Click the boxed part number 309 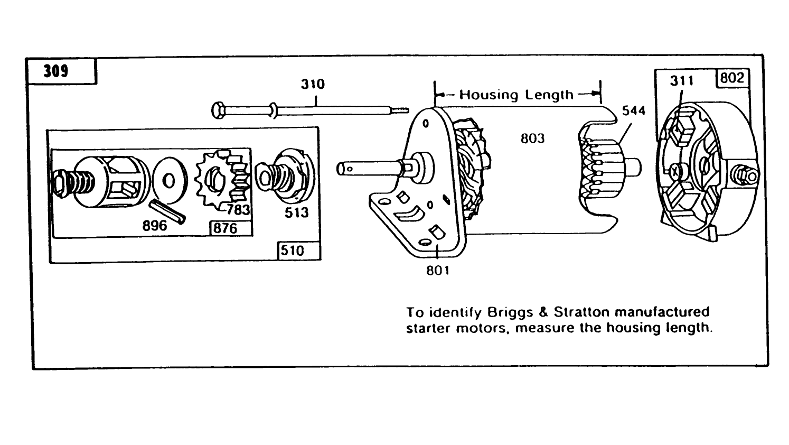(x=56, y=71)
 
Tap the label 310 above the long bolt (x=313, y=84)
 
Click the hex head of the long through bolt (x=218, y=110)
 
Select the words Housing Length (x=516, y=95)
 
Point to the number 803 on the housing (x=532, y=138)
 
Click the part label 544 (x=633, y=111)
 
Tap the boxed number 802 (x=732, y=78)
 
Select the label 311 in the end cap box (x=682, y=81)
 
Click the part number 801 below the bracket (x=438, y=270)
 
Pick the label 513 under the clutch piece (x=296, y=212)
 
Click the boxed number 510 (x=293, y=250)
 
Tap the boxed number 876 (x=225, y=228)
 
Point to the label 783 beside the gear (x=238, y=209)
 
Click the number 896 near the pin (x=154, y=226)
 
